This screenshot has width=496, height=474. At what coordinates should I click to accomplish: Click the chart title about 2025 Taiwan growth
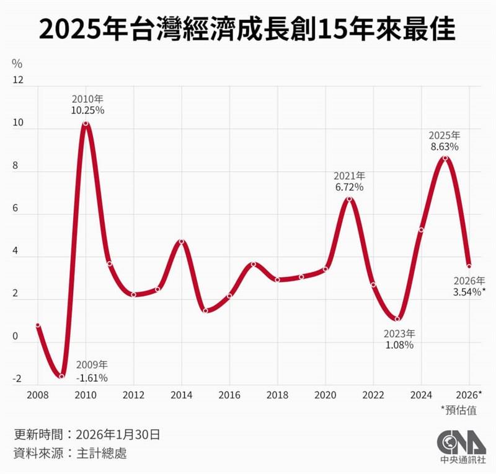(x=247, y=29)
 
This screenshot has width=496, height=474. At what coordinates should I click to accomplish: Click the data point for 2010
(x=86, y=123)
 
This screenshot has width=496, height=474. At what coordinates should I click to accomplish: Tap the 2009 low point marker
(x=61, y=376)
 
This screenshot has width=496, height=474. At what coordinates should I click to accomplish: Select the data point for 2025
(x=445, y=158)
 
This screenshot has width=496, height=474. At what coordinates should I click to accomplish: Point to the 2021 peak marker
(x=349, y=199)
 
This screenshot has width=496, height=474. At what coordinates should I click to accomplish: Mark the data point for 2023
(x=397, y=319)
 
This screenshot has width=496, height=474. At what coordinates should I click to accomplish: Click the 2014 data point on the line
(x=182, y=242)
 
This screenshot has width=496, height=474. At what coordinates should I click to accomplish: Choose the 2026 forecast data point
(x=469, y=266)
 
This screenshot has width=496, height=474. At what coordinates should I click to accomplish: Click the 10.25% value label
(x=87, y=110)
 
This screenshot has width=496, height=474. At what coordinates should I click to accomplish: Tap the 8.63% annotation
(x=445, y=147)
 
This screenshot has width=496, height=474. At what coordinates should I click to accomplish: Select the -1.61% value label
(x=92, y=377)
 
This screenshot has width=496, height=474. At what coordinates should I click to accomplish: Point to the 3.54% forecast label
(x=467, y=292)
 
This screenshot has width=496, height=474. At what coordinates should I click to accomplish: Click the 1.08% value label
(x=399, y=345)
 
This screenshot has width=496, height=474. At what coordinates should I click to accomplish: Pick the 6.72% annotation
(x=349, y=187)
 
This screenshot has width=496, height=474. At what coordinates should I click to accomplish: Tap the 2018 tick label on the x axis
(x=277, y=395)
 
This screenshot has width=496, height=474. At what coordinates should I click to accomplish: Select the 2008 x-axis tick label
(x=37, y=395)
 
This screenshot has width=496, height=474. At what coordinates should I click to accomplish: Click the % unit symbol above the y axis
(x=17, y=63)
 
